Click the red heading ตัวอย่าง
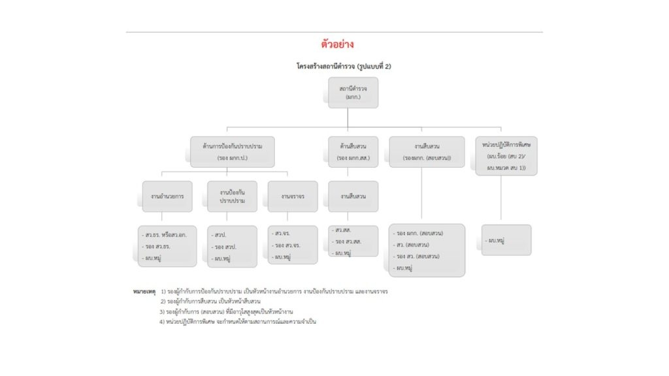pos(337,44)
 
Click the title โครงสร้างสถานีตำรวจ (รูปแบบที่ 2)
pos(344,67)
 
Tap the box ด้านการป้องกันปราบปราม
pos(232,151)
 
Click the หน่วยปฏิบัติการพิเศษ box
pos(506,155)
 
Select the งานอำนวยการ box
pos(167,196)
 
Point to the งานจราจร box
pos(293,196)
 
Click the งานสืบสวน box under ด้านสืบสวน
pos(353,196)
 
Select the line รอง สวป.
pos(226,247)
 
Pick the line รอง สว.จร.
pos(288,245)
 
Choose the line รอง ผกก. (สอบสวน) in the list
pos(418,233)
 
